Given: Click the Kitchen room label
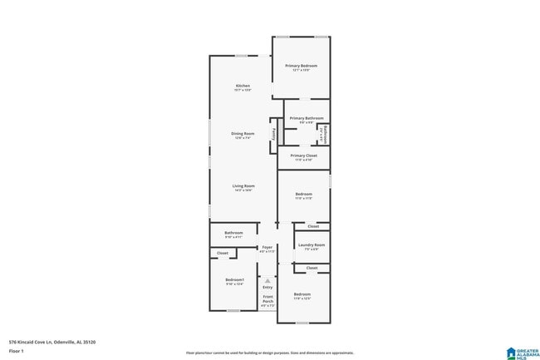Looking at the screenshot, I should pyautogui.click(x=243, y=86).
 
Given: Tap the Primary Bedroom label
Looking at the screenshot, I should pyautogui.click(x=302, y=66).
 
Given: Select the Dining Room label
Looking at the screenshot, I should pyautogui.click(x=243, y=133).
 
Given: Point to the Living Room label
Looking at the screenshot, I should pyautogui.click(x=243, y=185).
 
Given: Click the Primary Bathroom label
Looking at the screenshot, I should pyautogui.click(x=306, y=118).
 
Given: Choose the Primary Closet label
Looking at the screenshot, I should pyautogui.click(x=303, y=155).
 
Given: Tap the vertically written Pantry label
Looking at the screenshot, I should pyautogui.click(x=273, y=136).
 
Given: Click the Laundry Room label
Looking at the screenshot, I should pyautogui.click(x=312, y=245).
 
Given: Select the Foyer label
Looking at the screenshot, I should pyautogui.click(x=267, y=247).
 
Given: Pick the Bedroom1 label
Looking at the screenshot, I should pyautogui.click(x=235, y=280).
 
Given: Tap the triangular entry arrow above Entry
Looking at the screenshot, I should pyautogui.click(x=268, y=280).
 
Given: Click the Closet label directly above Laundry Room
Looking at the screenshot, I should pyautogui.click(x=312, y=226).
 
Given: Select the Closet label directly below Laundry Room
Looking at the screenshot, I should pyautogui.click(x=312, y=268).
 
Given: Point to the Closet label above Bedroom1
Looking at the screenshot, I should pyautogui.click(x=223, y=253).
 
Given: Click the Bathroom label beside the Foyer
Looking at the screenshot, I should pyautogui.click(x=233, y=233).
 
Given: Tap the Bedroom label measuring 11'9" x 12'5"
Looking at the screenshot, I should pyautogui.click(x=302, y=295).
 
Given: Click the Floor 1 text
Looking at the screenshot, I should pyautogui.click(x=17, y=351).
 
